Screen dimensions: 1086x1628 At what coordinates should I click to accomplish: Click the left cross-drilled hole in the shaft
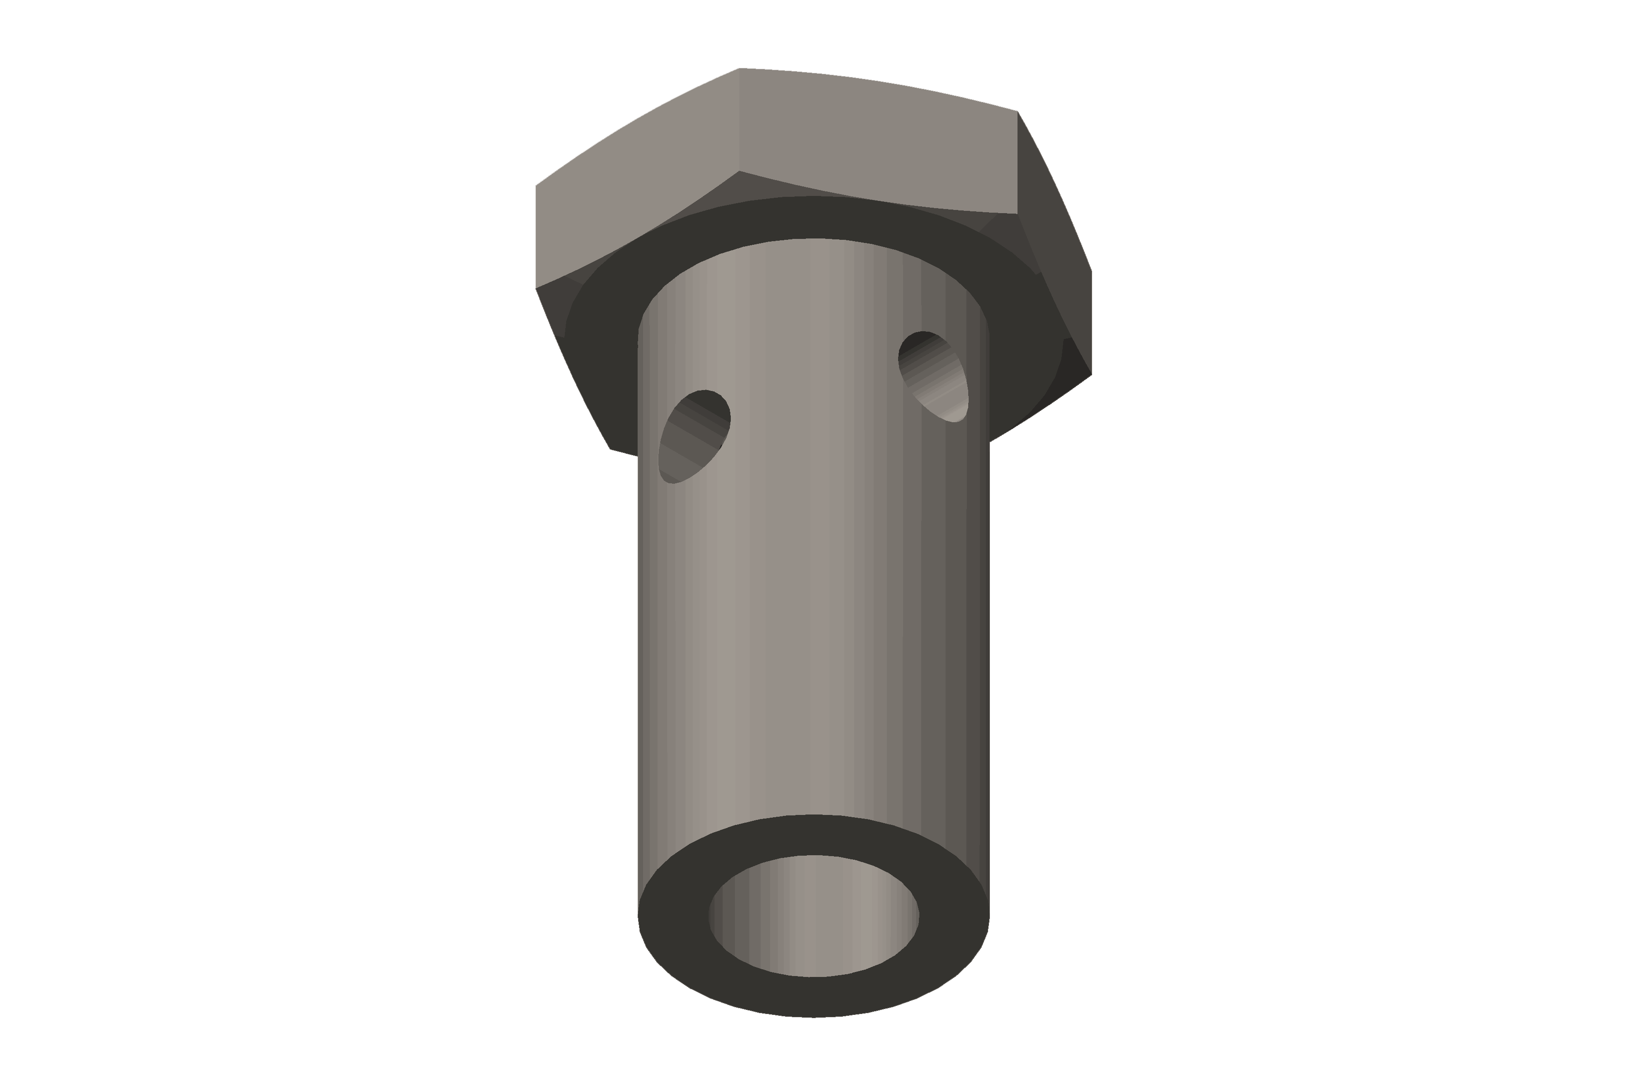[x=694, y=436]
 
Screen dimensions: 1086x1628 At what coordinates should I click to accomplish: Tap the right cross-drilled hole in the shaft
[x=932, y=376]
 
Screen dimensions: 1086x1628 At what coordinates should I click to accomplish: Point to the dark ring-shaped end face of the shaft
[x=814, y=997]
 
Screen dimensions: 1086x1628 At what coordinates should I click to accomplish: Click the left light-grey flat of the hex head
[x=637, y=180]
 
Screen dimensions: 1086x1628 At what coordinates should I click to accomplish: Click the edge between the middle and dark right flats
[x=1018, y=163]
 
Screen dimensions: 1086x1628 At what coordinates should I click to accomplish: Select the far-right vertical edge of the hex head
[x=1092, y=323]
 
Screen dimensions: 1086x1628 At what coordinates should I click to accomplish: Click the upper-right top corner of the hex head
[x=1018, y=111]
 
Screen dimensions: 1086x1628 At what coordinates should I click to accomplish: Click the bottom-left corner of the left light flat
[x=536, y=288]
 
